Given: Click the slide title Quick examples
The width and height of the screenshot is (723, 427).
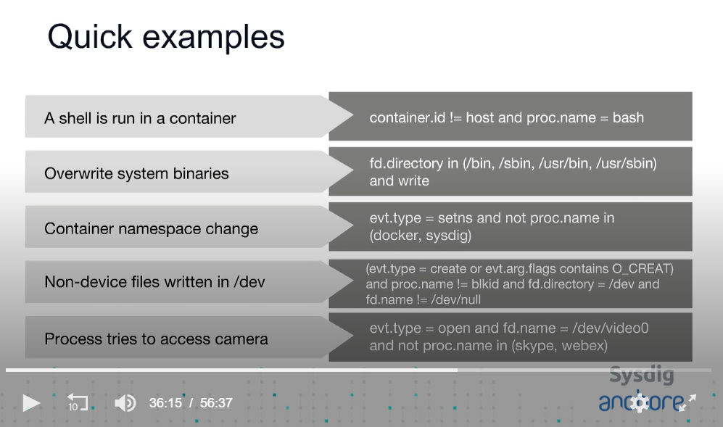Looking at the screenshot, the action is point(166,38).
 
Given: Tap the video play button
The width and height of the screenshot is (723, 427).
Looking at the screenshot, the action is point(31,403).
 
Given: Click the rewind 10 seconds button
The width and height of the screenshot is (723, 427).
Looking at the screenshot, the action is point(77,402).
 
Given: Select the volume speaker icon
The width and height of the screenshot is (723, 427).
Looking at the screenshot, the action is point(125,403).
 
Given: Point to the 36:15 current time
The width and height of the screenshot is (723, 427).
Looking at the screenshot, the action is point(165,403).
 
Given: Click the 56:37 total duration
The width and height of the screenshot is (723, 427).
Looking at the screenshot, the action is point(216,403).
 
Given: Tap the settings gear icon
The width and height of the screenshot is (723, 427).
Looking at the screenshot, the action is point(640,402).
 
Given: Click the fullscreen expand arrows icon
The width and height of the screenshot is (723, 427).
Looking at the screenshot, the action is point(687,402).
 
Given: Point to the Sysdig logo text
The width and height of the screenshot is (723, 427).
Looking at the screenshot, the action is point(641,375).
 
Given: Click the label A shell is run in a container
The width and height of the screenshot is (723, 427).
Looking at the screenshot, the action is point(140,118).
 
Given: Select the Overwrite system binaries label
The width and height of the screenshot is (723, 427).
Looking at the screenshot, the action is point(136,173).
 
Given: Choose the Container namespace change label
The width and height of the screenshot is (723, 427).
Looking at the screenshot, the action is point(152,228).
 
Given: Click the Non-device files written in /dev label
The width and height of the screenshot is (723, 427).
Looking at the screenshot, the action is point(155,282).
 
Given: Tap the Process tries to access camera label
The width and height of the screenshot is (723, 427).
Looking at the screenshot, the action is point(157,339).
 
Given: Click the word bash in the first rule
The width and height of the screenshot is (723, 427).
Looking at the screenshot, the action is point(628,117).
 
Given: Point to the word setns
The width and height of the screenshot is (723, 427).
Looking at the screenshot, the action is point(455,217).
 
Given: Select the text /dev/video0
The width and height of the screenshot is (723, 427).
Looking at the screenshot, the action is point(610,328).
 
